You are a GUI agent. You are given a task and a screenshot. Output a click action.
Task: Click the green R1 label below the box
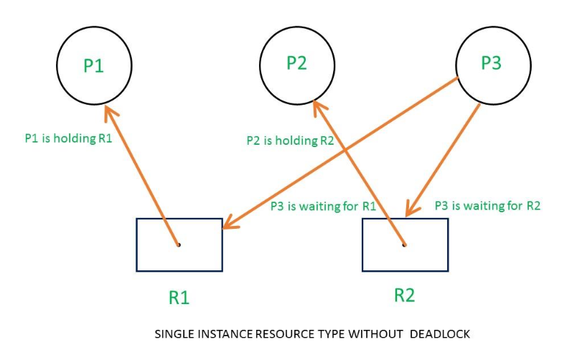pyautogui.click(x=179, y=298)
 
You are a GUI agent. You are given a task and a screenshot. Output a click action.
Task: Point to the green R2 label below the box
pyautogui.click(x=405, y=295)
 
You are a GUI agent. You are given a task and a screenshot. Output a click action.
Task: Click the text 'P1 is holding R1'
pyautogui.click(x=68, y=138)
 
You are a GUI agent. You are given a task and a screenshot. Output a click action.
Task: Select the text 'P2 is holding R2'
pyautogui.click(x=291, y=141)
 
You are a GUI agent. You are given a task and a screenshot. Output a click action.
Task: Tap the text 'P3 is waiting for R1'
pyautogui.click(x=323, y=206)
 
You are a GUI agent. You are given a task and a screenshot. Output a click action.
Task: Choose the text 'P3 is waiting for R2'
pyautogui.click(x=487, y=206)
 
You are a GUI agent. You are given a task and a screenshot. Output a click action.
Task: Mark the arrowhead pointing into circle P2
pyautogui.click(x=318, y=108)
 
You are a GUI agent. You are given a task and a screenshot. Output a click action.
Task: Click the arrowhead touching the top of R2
pyautogui.click(x=411, y=210)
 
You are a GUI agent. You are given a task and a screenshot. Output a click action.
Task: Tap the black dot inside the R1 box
pyautogui.click(x=179, y=245)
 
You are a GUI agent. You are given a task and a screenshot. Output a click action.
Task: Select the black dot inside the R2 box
pyautogui.click(x=404, y=245)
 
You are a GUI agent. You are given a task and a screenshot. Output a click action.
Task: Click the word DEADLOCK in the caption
pyautogui.click(x=440, y=334)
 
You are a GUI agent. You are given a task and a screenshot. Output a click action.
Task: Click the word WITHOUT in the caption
pyautogui.click(x=375, y=334)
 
